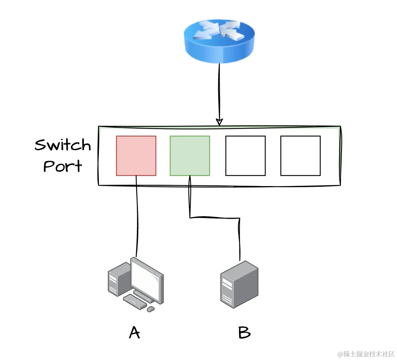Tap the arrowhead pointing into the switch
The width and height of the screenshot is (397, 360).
tap(219, 122)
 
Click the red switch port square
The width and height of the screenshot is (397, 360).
tap(136, 156)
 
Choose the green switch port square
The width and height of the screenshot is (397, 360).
tap(190, 156)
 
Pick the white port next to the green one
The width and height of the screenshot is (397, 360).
tap(245, 156)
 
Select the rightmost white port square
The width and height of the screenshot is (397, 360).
tap(300, 156)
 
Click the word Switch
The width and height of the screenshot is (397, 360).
tap(63, 145)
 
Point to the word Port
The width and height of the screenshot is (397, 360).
tap(63, 166)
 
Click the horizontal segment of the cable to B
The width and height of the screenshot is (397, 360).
tap(214, 217)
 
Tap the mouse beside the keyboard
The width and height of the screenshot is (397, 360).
tap(151, 309)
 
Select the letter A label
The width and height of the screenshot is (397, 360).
tap(134, 333)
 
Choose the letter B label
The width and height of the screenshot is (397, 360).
tap(244, 333)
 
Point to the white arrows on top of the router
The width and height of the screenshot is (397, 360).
tap(219, 30)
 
